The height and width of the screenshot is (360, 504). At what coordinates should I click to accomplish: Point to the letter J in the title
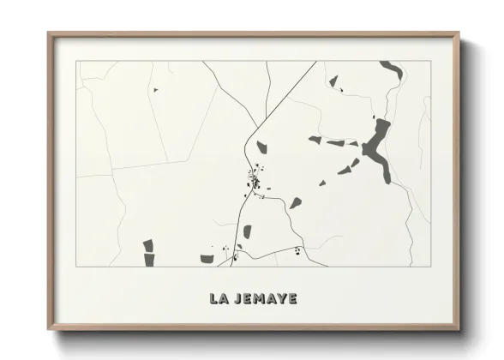click(237, 299)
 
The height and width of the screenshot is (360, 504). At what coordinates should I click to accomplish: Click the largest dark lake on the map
click(377, 147)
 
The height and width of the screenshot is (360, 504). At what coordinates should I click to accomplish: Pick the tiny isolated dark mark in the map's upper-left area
click(155, 89)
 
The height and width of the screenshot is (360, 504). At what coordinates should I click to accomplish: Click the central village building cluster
click(255, 181)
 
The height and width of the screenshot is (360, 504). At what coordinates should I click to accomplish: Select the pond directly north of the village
click(261, 147)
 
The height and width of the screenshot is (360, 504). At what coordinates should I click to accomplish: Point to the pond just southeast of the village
click(295, 203)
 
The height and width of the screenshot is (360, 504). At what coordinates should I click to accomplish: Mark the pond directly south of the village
click(247, 231)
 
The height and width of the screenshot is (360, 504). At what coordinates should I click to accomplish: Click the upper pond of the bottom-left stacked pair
click(147, 246)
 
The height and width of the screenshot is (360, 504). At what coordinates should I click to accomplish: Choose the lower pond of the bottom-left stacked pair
click(149, 259)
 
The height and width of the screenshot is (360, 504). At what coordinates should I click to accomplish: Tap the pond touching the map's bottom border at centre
click(207, 258)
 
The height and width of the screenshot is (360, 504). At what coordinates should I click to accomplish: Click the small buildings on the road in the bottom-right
click(297, 250)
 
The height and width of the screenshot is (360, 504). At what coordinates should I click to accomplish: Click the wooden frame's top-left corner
click(49, 33)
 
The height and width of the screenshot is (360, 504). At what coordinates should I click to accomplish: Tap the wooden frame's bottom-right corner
click(458, 329)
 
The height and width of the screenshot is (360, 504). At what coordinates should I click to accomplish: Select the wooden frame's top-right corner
click(458, 33)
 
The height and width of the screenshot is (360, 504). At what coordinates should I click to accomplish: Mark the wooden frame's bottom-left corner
click(49, 329)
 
